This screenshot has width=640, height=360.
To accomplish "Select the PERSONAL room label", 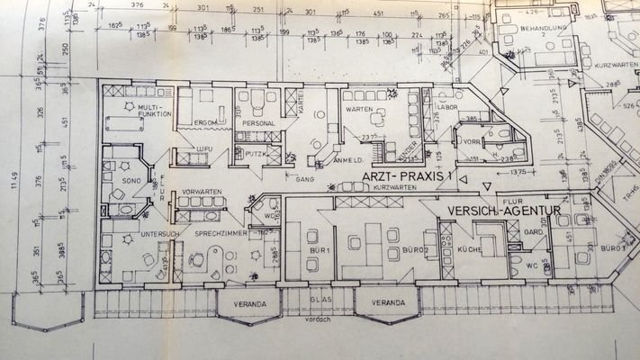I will click(x=257, y=122).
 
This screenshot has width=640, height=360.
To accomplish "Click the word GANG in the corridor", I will click(x=302, y=178).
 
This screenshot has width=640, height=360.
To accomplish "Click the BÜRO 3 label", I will click(x=612, y=247).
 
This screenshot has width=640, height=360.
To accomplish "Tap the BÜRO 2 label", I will click(x=413, y=247).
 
